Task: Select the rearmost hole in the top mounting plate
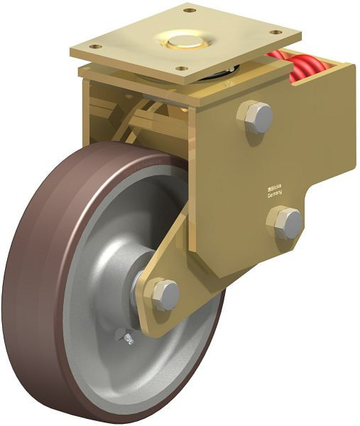pos(189,10)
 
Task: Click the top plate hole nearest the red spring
pos(274,32)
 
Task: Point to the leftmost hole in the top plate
pos(92,47)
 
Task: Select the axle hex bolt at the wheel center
pos(165,294)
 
